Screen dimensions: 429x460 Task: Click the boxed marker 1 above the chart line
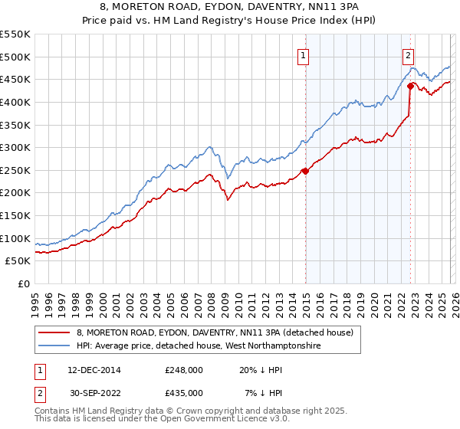[x=304, y=55]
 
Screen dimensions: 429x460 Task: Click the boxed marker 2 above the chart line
[x=409, y=55]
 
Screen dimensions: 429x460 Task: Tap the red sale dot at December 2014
[x=305, y=171]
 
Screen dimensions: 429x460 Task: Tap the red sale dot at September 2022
[x=410, y=86]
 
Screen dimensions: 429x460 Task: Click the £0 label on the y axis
[x=23, y=284]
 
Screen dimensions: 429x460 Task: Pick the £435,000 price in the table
[x=183, y=392]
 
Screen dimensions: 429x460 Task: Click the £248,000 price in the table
[x=183, y=369]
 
